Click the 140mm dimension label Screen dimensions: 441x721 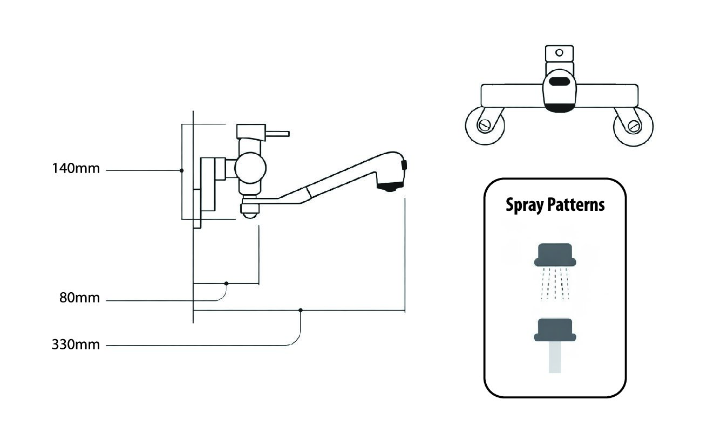(76, 169)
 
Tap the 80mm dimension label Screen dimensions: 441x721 (80, 298)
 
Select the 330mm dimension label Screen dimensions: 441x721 (76, 344)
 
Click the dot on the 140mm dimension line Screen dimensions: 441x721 (182, 170)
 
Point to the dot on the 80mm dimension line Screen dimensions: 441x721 (227, 283)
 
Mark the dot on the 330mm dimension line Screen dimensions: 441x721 (301, 311)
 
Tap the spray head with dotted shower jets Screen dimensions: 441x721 (555, 255)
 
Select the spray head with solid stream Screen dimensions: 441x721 (555, 330)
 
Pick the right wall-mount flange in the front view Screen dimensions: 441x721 (633, 126)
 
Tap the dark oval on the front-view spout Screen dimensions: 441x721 (559, 83)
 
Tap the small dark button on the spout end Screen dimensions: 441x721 (404, 164)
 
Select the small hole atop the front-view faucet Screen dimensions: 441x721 (560, 53)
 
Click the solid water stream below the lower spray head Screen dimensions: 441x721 (555, 359)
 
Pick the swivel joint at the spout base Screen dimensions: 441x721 (249, 208)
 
